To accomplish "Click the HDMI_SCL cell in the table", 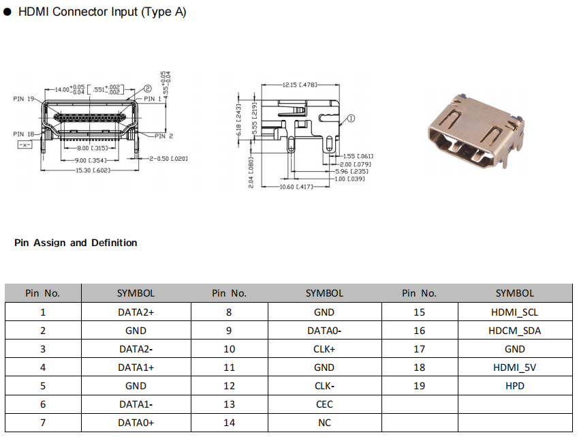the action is (514, 312).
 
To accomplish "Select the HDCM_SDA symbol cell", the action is (514, 331).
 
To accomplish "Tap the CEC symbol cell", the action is (324, 404).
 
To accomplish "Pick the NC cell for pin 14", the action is (324, 423).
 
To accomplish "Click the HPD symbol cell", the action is (514, 386).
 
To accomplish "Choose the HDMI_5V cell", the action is (514, 367).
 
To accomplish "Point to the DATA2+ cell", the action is (136, 312).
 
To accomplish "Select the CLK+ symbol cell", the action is (324, 349).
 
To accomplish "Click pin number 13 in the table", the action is (229, 404).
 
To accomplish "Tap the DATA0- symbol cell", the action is (324, 331).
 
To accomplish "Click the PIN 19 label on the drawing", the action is (24, 99).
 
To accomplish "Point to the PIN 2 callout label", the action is (163, 136).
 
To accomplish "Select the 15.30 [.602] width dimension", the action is (93, 170).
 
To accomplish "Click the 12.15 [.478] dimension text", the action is (300, 85).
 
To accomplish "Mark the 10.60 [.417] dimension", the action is (296, 187).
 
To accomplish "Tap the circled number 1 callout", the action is (351, 119).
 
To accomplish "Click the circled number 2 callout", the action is (147, 89).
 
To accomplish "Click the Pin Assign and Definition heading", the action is (76, 243).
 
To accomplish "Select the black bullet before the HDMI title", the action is (7, 12).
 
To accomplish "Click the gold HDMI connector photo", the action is (476, 132).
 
